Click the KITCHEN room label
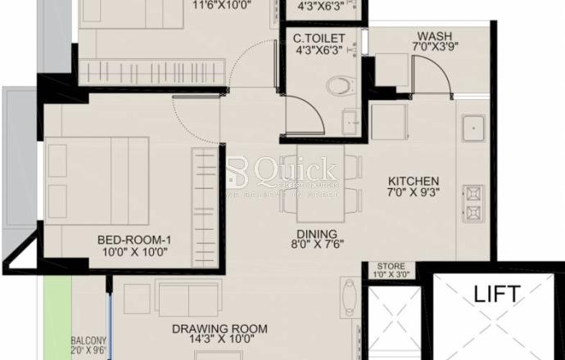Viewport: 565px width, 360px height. (x=414, y=181)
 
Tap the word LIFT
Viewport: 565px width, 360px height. (x=496, y=294)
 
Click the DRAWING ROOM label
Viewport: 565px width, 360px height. (x=219, y=329)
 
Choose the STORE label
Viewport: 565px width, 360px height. (x=391, y=267)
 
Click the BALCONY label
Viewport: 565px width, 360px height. (x=88, y=340)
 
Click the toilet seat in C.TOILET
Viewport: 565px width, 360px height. (x=337, y=85)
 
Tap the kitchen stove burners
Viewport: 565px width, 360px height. (x=473, y=205)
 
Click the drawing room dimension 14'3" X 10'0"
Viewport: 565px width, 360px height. (x=219, y=342)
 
